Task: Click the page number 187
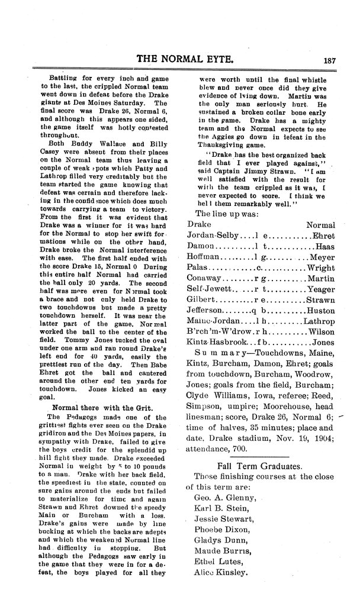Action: click(330, 59)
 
